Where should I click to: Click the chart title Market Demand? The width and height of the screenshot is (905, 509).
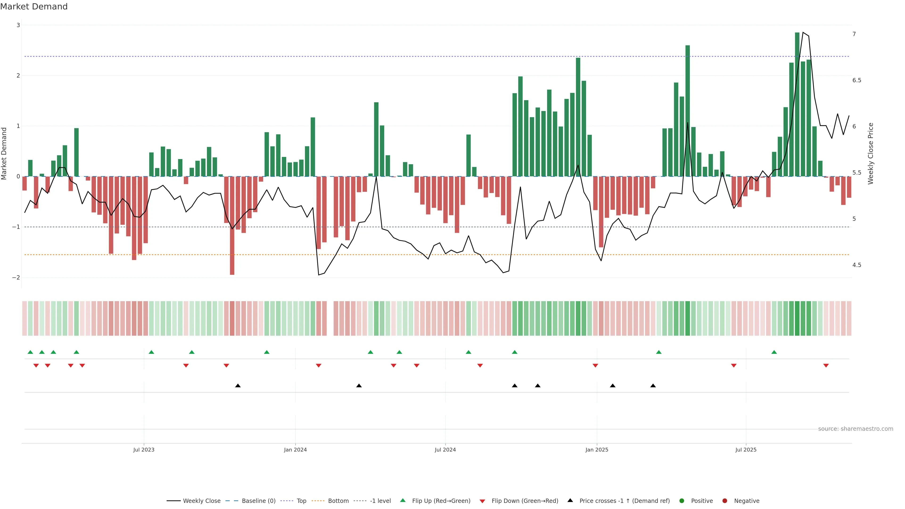click(34, 7)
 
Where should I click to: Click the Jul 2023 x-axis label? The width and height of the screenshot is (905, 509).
click(144, 450)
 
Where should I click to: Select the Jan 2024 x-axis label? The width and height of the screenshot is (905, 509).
click(295, 450)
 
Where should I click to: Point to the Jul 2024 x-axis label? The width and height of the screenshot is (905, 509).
click(445, 450)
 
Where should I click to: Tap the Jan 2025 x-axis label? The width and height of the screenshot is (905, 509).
click(596, 450)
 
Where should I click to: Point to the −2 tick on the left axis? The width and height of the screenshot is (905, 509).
click(16, 278)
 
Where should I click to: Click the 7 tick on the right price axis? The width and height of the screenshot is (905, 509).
click(854, 34)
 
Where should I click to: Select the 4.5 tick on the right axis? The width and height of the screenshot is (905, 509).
click(856, 265)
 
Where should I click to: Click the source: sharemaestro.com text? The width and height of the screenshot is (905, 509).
click(856, 429)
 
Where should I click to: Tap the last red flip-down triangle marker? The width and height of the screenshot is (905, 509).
click(826, 366)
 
